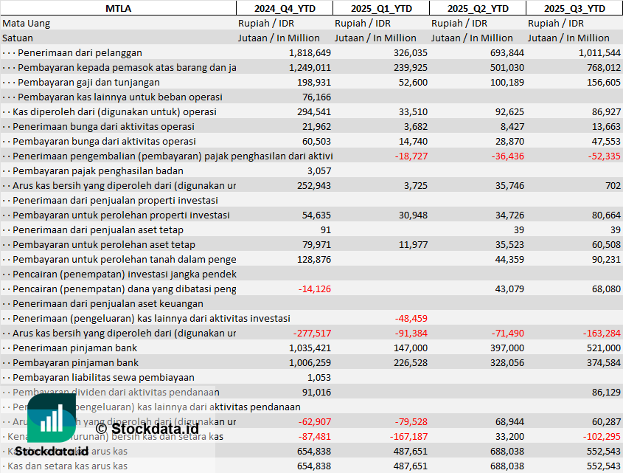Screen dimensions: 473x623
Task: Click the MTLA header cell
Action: pos(118,8)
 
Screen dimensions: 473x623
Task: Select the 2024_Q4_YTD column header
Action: pos(284,8)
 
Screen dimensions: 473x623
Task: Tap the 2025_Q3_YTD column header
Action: pos(574,8)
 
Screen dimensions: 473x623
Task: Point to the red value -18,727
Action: pos(410,156)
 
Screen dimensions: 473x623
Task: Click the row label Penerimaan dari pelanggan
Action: pos(80,52)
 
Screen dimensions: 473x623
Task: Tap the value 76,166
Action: pos(316,97)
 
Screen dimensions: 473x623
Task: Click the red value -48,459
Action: pos(410,318)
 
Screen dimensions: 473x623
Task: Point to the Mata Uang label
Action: pos(27,23)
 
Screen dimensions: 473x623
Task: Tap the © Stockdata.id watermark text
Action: pos(147,428)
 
